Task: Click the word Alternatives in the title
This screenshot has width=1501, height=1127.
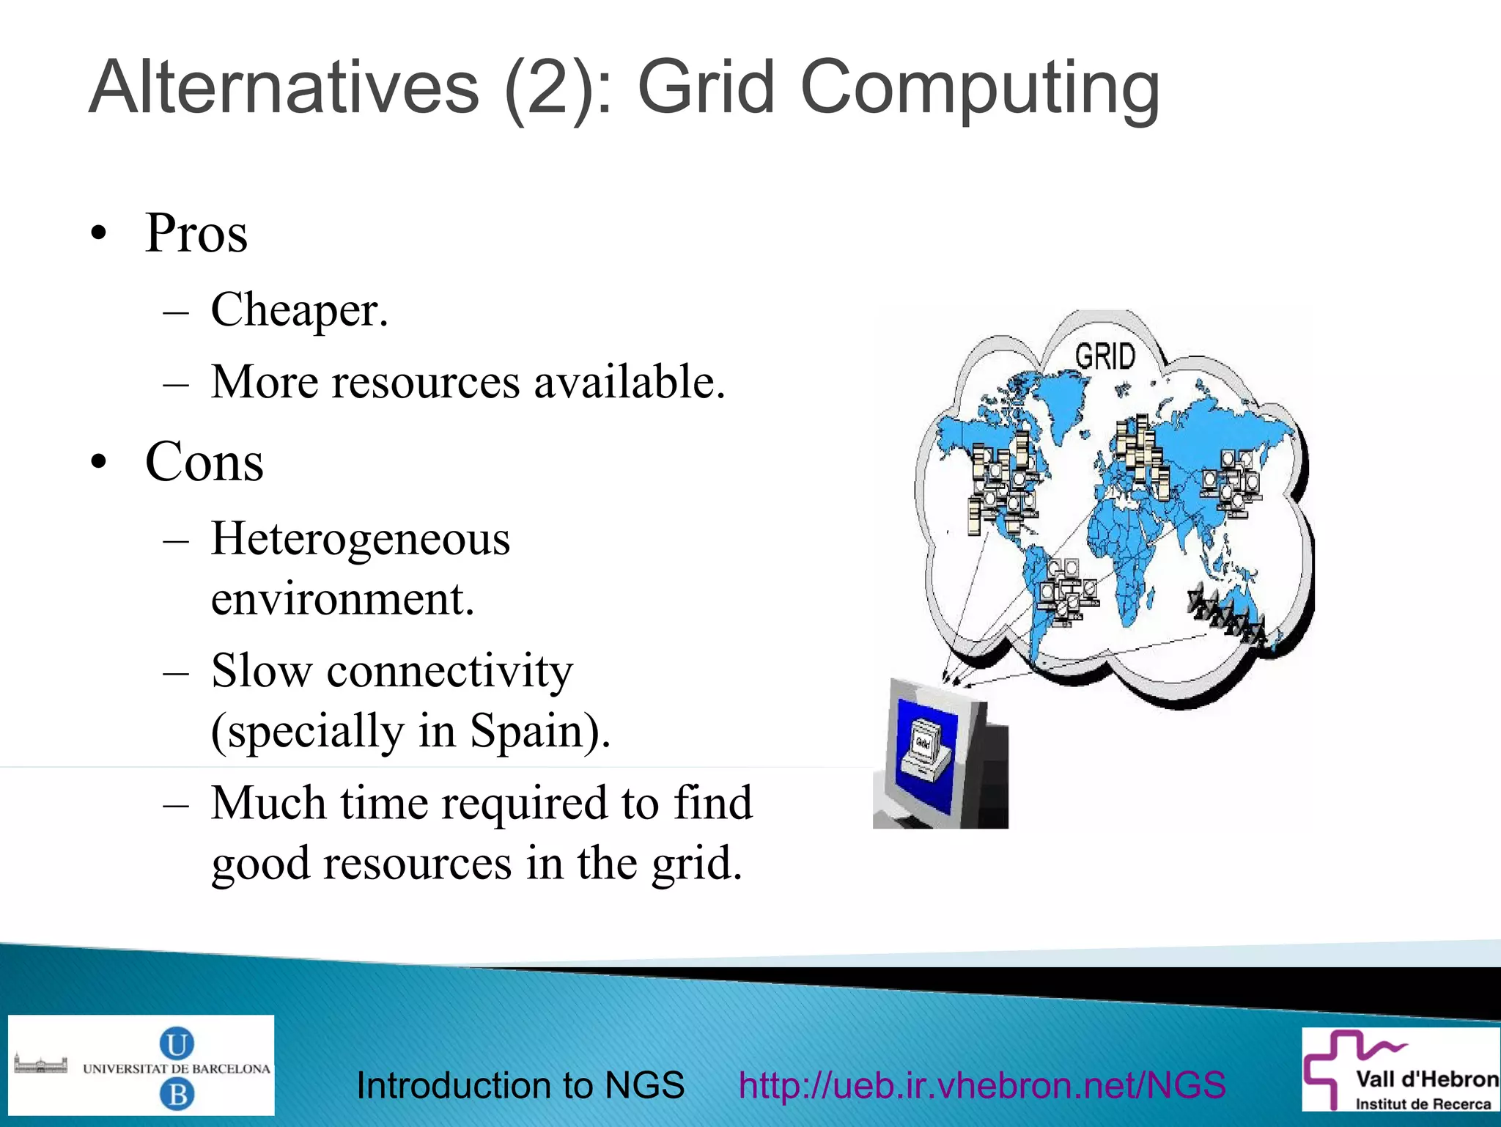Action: pos(284,88)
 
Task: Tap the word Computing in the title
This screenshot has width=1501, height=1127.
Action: pos(980,89)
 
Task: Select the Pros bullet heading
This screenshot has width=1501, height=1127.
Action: pos(196,233)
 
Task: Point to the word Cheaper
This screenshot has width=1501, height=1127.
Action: pos(299,310)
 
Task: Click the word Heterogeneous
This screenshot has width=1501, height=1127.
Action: pos(361,539)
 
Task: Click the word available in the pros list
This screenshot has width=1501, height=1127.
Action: pos(629,382)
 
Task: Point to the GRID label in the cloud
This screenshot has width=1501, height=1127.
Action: pos(1105,357)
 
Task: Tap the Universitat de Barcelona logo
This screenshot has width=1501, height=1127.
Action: pos(141,1065)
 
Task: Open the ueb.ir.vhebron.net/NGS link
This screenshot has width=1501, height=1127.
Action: pos(982,1085)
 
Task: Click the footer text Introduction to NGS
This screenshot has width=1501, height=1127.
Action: pos(520,1085)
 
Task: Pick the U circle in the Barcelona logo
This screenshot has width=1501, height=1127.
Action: pos(177,1043)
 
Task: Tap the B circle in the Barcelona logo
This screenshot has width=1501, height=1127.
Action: pos(177,1095)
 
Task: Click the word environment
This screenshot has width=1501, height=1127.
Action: pos(343,599)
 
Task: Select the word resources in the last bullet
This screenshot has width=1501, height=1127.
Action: pos(418,863)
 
